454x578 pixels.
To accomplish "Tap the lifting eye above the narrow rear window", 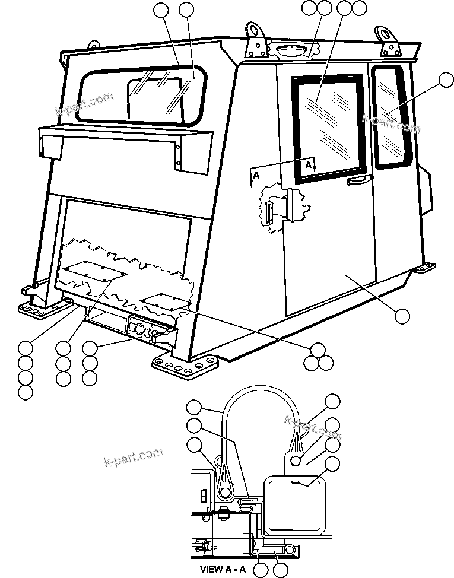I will point(389,40).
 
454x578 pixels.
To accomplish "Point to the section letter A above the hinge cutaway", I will point(256,176).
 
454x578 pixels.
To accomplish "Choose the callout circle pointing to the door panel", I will point(402,316).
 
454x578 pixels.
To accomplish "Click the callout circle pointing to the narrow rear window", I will point(444,80).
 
